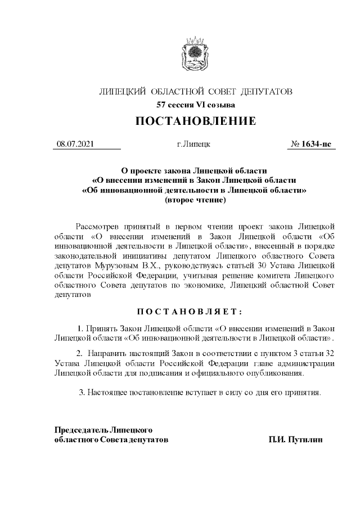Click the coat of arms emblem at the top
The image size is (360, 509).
pos(195,57)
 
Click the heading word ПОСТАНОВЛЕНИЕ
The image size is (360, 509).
pos(195,121)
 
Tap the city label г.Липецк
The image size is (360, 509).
pos(193,145)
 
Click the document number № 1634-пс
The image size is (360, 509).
pos(310,145)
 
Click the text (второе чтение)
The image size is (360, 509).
pos(195,199)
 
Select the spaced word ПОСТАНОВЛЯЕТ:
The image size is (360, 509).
pos(195,312)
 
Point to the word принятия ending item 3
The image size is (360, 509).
pos(304,391)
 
